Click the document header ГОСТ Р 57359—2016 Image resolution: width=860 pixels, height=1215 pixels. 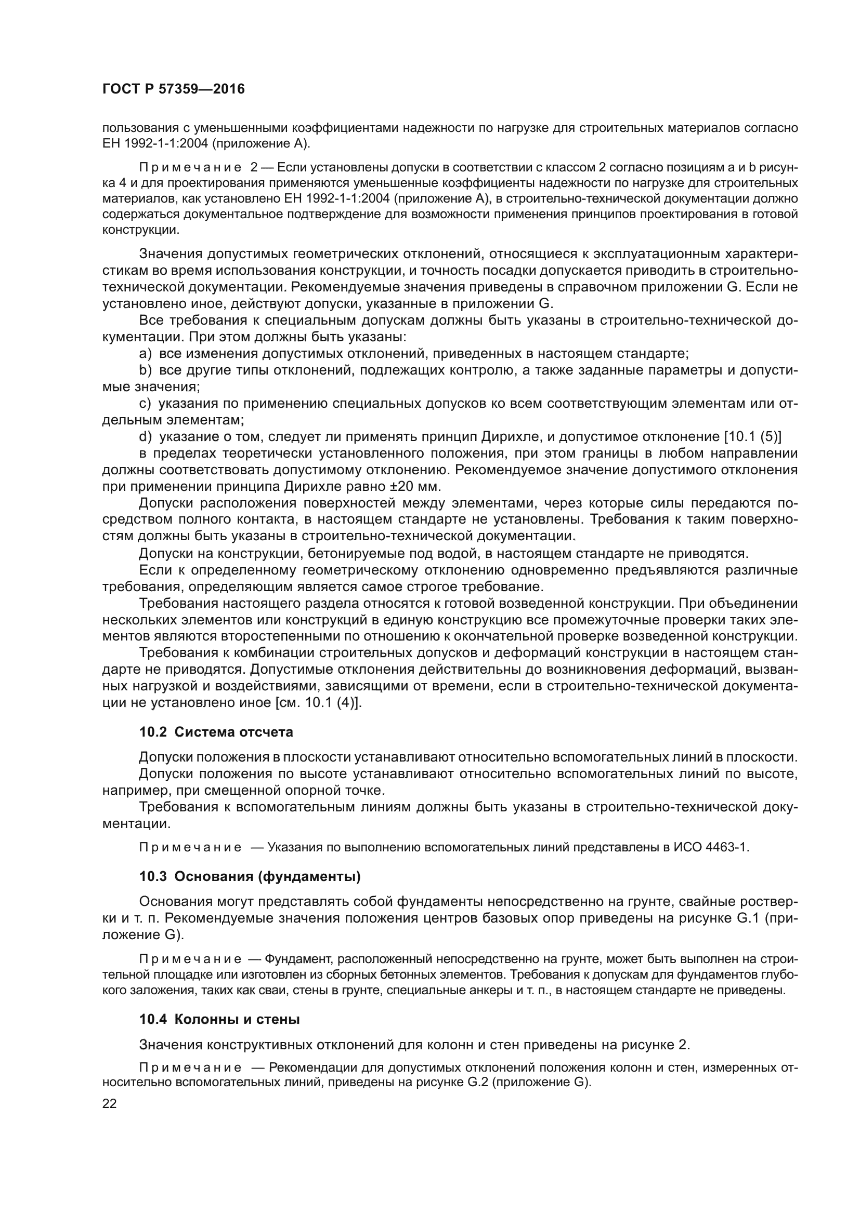tap(173, 89)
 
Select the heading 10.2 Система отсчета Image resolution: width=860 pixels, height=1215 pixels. tap(216, 732)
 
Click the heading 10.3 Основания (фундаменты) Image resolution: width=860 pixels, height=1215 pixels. tap(250, 877)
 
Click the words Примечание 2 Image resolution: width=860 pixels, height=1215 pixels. tap(199, 168)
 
